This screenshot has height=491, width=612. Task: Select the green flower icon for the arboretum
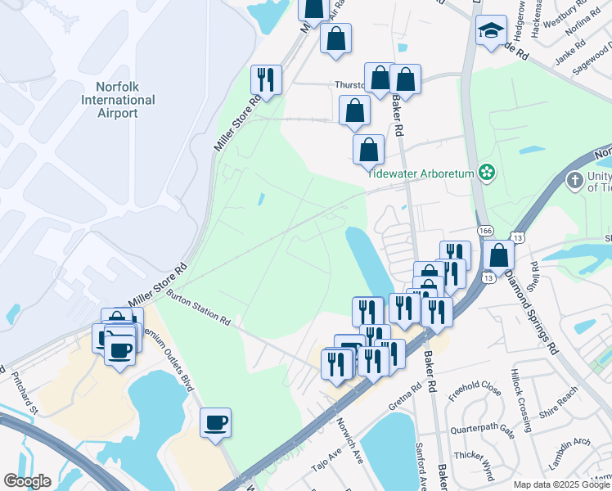click(488, 172)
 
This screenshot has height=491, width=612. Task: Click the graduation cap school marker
click(491, 32)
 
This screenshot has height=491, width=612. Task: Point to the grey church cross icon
click(575, 179)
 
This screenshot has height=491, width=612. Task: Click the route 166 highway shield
click(485, 232)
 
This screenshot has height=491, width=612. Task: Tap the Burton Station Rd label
click(198, 306)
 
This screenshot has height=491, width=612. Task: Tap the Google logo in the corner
click(27, 481)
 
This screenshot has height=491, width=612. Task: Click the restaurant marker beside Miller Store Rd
click(266, 79)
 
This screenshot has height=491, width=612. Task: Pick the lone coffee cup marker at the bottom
click(216, 423)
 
